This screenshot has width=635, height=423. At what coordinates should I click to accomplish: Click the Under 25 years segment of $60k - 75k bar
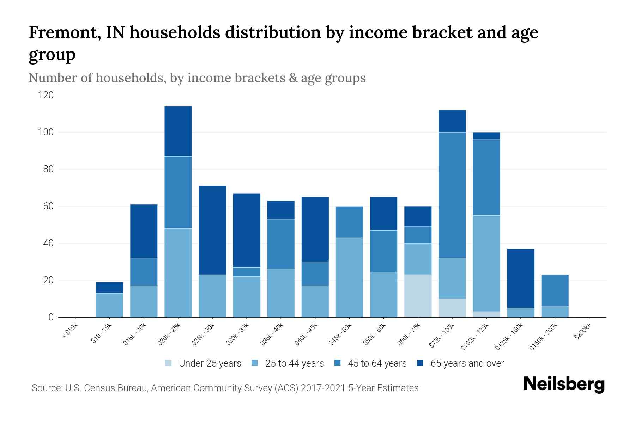point(418,296)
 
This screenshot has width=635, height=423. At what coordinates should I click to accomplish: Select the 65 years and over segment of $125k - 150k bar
point(520,278)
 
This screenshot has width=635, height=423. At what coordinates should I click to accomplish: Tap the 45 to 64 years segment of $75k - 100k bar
point(452,195)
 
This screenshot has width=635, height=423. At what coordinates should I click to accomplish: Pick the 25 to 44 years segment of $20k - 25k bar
point(178,273)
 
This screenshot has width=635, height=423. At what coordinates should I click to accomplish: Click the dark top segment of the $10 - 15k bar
point(109,288)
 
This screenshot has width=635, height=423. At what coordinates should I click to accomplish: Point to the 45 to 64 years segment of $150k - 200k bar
point(555,290)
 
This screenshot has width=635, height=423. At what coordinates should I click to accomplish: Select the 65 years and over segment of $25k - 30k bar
point(212,230)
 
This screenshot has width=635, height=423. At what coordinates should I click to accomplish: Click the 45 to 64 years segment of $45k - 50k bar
point(349,222)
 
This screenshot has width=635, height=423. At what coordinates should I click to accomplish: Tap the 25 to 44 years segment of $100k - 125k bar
point(486,263)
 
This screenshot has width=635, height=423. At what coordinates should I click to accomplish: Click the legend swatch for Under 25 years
point(169,363)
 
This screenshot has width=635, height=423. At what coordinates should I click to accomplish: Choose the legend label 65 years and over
point(467,363)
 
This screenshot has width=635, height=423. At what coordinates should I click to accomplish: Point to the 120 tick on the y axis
point(46,95)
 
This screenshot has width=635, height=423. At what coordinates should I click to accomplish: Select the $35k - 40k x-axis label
point(272,335)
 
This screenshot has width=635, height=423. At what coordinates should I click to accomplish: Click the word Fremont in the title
point(60,33)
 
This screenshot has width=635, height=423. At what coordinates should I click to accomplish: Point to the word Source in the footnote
point(46,388)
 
